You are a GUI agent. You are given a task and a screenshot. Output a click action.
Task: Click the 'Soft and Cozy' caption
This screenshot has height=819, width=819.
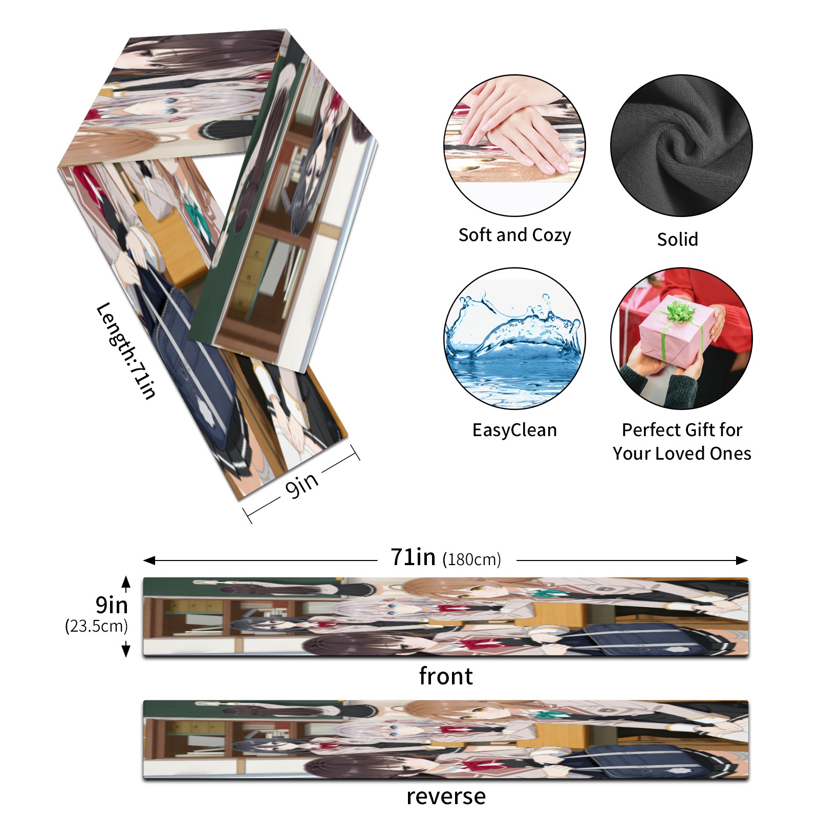coord(514,235)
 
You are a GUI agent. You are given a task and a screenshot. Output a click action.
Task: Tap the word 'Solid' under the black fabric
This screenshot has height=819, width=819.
coord(677,239)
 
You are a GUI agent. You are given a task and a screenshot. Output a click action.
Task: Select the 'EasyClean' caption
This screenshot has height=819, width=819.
coord(514,430)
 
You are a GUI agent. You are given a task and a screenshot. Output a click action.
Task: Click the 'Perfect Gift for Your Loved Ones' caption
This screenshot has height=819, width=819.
coord(682,441)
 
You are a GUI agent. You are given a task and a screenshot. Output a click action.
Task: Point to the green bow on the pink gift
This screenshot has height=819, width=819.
coord(680,311)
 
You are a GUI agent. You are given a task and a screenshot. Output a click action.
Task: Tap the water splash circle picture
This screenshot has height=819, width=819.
coord(514,338)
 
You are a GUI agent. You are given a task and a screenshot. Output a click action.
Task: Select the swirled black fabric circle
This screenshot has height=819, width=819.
coord(681,145)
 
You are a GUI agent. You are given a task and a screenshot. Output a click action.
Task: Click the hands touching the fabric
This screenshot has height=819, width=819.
coord(517,128)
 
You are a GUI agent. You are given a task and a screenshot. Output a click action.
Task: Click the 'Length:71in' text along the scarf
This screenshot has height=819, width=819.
coord(126,351)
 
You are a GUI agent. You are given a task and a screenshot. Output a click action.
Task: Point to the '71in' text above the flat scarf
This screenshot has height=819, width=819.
coord(413,557)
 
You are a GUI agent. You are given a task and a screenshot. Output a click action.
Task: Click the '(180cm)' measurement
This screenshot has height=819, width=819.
coord(471,559)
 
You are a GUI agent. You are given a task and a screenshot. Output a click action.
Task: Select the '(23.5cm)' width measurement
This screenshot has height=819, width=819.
coord(96,626)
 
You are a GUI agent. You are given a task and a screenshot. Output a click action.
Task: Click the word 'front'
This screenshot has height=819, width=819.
coord(446,676)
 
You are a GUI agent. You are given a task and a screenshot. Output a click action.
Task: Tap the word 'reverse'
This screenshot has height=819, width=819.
coord(446,796)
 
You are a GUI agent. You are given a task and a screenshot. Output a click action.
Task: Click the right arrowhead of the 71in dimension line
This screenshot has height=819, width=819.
coord(743,561)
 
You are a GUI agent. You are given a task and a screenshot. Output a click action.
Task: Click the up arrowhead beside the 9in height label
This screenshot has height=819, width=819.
coord(126,581)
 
